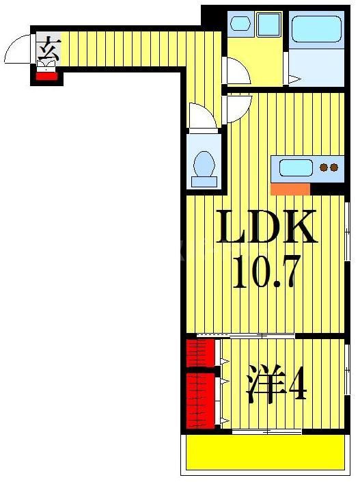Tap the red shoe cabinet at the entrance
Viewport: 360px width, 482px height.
coord(46,75)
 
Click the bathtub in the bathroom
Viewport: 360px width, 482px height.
coord(316,31)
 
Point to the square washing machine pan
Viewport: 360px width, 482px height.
coord(268,25)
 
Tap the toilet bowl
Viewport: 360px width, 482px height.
coord(204,165)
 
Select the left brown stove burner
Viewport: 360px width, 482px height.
coord(324,167)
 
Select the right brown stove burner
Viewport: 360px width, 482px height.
coord(335,167)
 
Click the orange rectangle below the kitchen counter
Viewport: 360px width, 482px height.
coord(290,189)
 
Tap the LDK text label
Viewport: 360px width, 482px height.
coord(267,228)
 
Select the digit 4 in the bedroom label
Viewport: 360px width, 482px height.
coord(297,387)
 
